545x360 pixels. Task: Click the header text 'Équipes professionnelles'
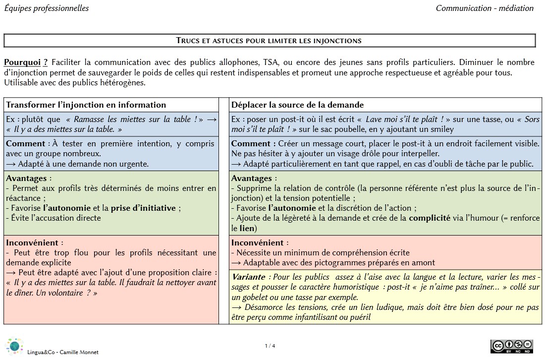(x=47, y=8)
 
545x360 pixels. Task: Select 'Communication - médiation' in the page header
(x=485, y=8)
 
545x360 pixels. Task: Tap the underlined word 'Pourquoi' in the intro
(x=22, y=62)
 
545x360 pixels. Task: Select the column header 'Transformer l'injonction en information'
(x=86, y=105)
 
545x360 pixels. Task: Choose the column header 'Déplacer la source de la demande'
(x=297, y=105)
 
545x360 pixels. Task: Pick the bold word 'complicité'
(x=430, y=218)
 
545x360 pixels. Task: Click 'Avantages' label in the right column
(x=252, y=179)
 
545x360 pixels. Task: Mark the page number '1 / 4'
(x=270, y=346)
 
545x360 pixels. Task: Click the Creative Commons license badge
(x=511, y=347)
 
